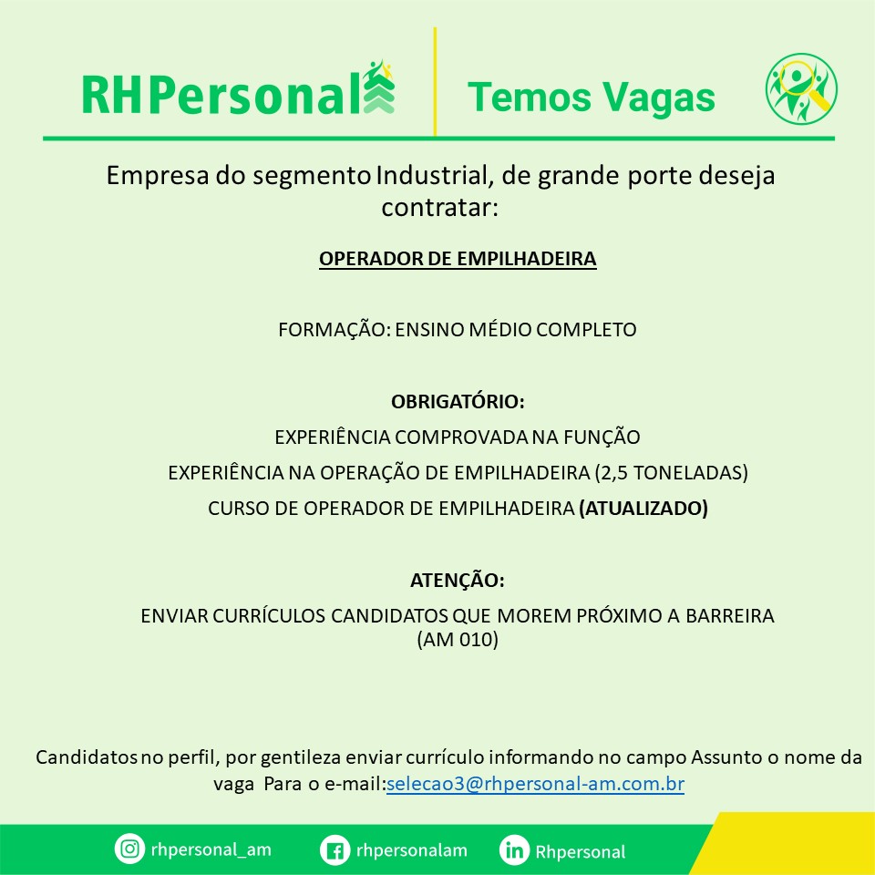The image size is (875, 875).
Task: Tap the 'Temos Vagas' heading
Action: point(591,98)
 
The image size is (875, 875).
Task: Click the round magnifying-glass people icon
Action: point(801,88)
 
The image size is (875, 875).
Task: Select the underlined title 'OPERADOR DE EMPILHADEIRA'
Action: point(458,259)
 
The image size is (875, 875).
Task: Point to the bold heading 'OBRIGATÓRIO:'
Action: point(458,401)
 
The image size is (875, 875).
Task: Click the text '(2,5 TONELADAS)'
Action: point(672,473)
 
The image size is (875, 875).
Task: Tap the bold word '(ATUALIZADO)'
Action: point(643,509)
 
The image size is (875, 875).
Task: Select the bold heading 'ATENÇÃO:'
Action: point(458,581)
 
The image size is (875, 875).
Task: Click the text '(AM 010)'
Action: point(458,640)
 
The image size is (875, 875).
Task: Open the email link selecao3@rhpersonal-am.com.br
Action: point(535,784)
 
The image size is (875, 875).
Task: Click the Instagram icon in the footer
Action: point(129,849)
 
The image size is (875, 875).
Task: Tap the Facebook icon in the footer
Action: point(335,850)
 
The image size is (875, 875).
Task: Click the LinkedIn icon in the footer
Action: point(514,850)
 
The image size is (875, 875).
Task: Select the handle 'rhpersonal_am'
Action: point(211,849)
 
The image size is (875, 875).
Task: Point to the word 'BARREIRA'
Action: point(730,615)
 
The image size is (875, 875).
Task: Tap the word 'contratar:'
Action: point(439,208)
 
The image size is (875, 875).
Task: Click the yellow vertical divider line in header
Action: point(435,81)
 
